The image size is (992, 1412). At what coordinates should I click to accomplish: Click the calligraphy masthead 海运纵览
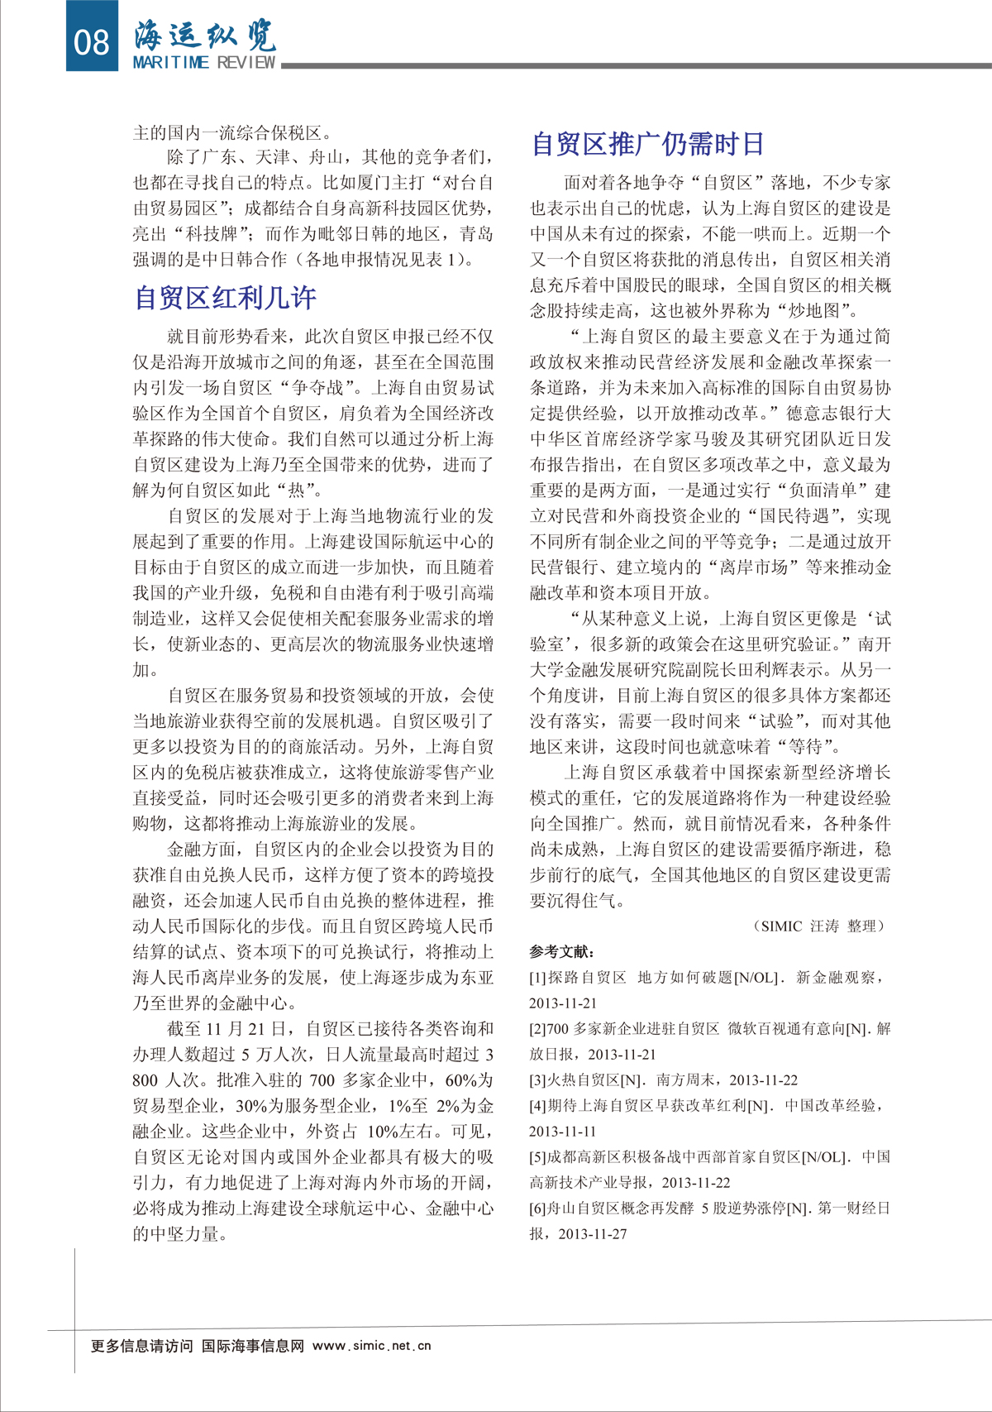[x=205, y=35]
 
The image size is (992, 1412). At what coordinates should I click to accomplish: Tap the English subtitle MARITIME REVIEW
[x=204, y=63]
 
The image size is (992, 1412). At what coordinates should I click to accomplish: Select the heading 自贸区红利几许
[x=226, y=298]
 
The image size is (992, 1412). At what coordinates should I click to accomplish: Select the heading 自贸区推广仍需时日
[x=647, y=144]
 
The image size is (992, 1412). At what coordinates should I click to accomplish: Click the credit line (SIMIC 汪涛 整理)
[x=819, y=926]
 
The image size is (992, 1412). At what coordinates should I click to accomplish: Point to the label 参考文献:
[x=562, y=952]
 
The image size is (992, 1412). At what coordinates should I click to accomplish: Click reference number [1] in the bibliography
[x=538, y=978]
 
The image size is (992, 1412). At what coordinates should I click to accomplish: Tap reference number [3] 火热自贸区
[x=538, y=1080]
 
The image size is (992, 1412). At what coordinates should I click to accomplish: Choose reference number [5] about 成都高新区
[x=538, y=1157]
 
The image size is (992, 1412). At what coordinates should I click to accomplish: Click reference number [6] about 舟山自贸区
[x=538, y=1209]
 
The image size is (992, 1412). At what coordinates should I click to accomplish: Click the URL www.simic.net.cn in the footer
[x=372, y=1346]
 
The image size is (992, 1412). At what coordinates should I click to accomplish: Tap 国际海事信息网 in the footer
[x=253, y=1346]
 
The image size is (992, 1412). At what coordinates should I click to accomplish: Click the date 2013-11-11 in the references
[x=563, y=1132]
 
